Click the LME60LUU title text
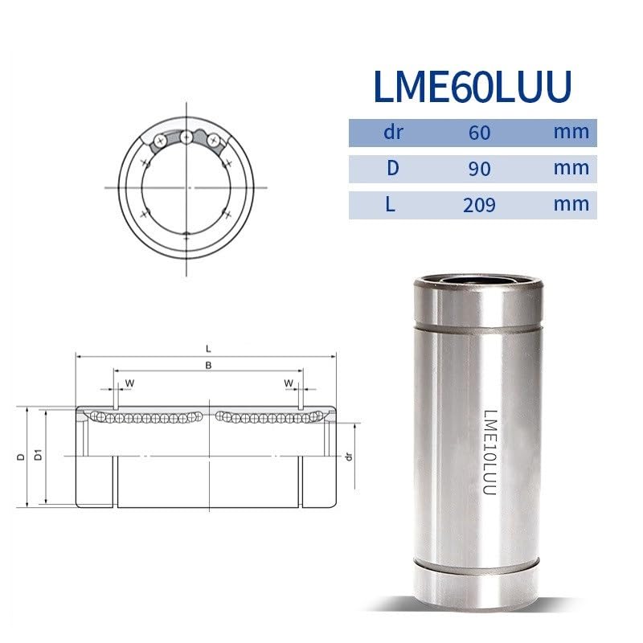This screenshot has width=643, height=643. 473,87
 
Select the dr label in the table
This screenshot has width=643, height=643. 393,133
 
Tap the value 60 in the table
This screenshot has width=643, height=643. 479,133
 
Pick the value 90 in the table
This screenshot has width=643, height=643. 479,169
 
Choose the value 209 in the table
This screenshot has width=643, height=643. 479,205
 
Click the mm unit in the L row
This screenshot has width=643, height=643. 571,204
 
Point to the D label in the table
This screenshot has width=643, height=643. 393,168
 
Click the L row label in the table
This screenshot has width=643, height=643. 391,204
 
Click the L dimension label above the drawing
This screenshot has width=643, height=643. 208,349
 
